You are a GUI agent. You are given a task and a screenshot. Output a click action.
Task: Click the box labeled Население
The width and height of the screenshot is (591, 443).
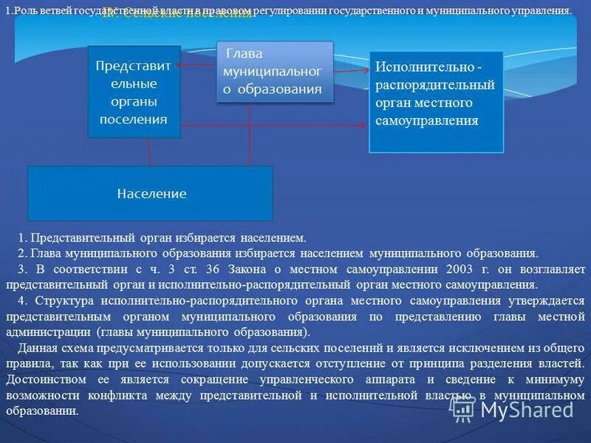[151, 193]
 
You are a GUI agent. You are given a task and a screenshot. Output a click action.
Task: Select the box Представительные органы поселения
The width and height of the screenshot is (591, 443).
[133, 92]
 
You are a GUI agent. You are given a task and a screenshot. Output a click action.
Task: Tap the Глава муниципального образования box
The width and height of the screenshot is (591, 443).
[274, 72]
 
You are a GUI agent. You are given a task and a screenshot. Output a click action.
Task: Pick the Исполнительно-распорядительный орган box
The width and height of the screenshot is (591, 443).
[436, 101]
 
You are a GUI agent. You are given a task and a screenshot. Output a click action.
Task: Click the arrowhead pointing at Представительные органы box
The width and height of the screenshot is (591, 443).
[184, 66]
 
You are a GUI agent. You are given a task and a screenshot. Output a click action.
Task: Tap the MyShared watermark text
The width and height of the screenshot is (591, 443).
[526, 409]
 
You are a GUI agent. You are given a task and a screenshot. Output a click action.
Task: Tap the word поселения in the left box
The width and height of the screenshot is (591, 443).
[133, 118]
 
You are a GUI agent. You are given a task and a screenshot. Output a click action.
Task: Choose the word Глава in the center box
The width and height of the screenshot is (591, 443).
[245, 54]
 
